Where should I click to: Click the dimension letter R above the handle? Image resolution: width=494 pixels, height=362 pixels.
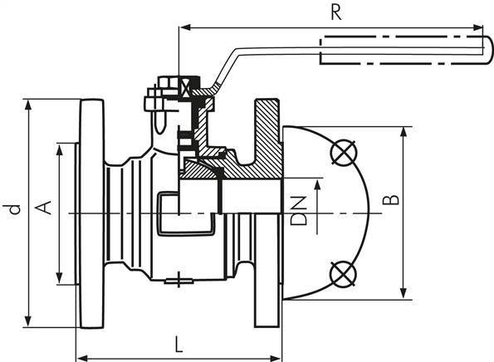[x=336, y=13]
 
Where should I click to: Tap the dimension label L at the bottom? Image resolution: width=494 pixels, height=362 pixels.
[x=179, y=345]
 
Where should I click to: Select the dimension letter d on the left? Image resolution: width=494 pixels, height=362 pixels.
[x=13, y=209]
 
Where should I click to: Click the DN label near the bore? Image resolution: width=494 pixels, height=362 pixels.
[x=299, y=211]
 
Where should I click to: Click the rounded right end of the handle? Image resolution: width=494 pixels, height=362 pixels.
[x=488, y=51]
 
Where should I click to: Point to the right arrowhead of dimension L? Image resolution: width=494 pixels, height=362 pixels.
[x=276, y=358]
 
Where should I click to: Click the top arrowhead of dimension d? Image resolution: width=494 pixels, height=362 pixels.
[x=28, y=105]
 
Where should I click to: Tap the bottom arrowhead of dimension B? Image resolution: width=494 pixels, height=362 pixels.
[x=403, y=293]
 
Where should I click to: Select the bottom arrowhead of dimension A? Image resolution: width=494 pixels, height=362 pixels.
[x=59, y=278]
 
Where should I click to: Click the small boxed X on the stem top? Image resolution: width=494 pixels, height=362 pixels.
[x=185, y=87]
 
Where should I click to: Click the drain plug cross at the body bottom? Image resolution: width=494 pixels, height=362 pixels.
[x=179, y=280]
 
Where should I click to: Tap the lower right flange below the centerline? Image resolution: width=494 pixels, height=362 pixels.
[x=267, y=271]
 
